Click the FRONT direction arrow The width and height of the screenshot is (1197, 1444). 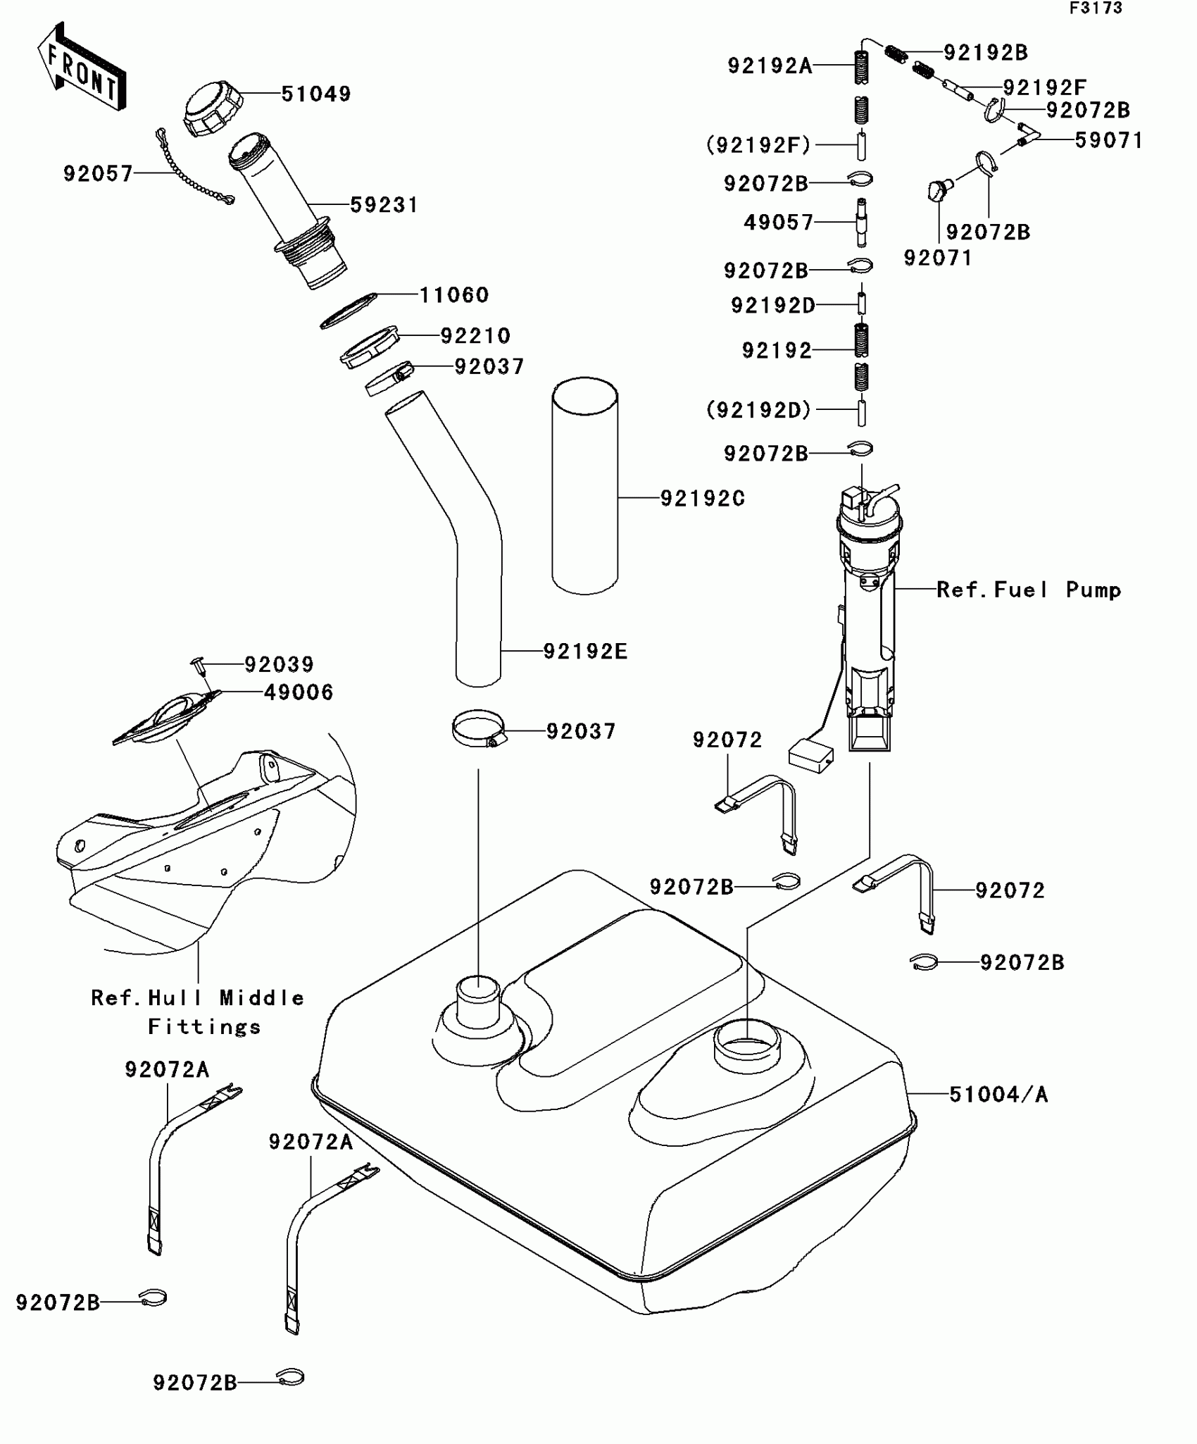click(81, 67)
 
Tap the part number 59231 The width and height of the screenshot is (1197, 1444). click(384, 205)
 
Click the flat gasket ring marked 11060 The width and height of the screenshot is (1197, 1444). click(349, 311)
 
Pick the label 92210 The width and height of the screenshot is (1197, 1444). click(476, 335)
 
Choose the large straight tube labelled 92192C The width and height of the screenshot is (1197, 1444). click(585, 485)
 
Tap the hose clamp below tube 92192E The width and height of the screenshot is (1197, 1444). click(480, 728)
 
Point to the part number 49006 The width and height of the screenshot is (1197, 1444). click(299, 692)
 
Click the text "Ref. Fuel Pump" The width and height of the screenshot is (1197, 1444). click(1029, 590)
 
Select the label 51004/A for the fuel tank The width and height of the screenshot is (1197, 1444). click(998, 1094)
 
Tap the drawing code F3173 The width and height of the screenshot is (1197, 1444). click(1096, 8)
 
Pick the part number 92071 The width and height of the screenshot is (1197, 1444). click(938, 259)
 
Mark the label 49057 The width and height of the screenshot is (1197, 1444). click(779, 223)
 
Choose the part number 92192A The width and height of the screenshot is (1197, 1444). click(770, 66)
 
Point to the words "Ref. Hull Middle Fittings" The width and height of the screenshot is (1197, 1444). click(198, 1012)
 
